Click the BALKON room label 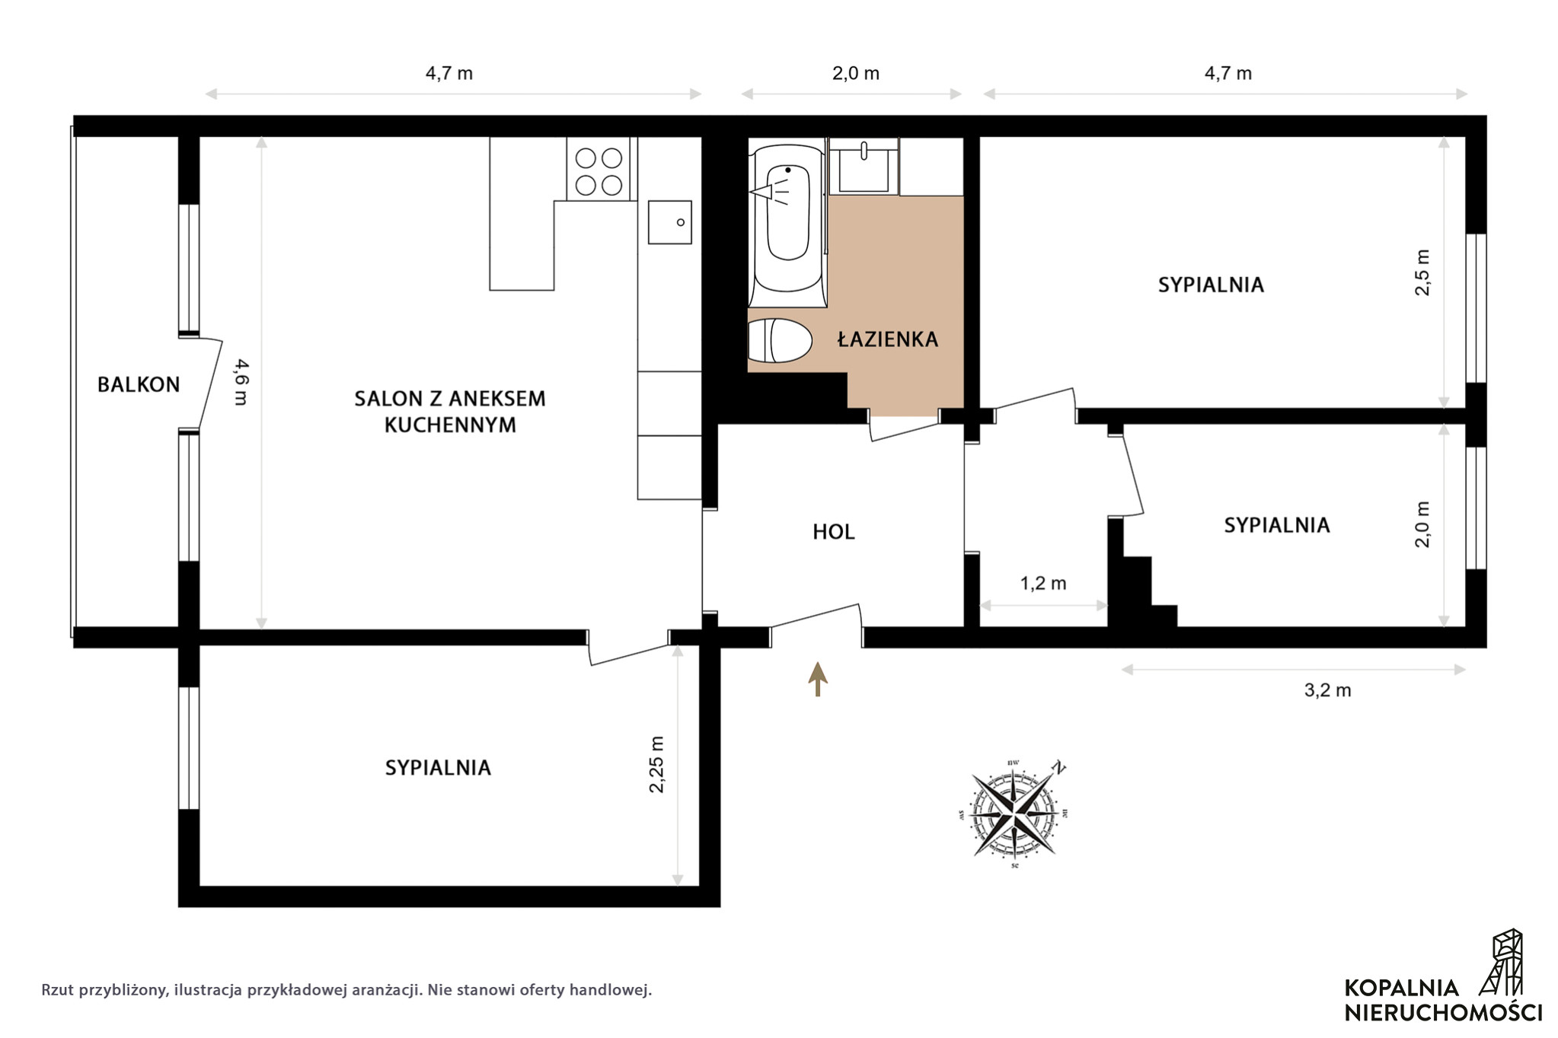click(x=139, y=384)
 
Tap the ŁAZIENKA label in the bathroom click(x=888, y=339)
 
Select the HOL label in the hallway click(x=834, y=532)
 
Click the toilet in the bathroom click(x=780, y=340)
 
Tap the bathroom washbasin click(x=864, y=167)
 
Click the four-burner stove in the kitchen click(x=599, y=170)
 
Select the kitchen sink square click(x=670, y=222)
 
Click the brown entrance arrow click(x=818, y=679)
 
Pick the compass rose click(x=1014, y=814)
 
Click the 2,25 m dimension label click(x=656, y=764)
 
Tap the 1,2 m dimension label click(x=1043, y=584)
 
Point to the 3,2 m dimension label click(x=1328, y=690)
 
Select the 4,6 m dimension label click(x=241, y=382)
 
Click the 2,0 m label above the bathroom click(x=856, y=74)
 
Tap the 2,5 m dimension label click(x=1422, y=272)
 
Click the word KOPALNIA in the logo click(x=1402, y=988)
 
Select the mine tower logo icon click(x=1504, y=963)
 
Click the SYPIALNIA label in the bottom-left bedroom click(x=438, y=768)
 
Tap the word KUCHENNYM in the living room click(x=450, y=425)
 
